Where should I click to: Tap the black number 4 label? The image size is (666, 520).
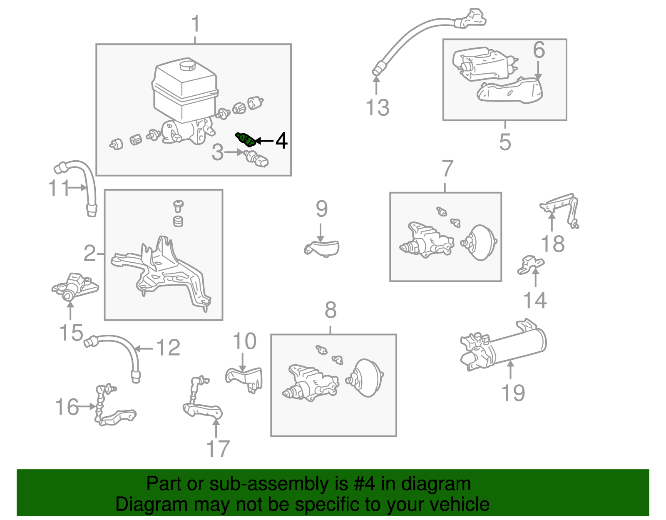(x=281, y=141)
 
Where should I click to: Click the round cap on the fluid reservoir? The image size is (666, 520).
(x=188, y=65)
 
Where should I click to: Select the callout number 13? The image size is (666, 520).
(x=377, y=107)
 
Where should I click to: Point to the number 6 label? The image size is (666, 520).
(x=539, y=50)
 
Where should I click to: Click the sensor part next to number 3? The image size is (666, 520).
(x=256, y=159)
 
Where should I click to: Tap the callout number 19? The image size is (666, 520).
(x=513, y=393)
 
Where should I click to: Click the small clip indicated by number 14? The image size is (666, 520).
(x=530, y=265)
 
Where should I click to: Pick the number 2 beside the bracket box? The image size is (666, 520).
(x=90, y=253)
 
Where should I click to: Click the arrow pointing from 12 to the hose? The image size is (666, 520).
(x=144, y=348)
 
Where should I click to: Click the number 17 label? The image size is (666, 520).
(x=218, y=449)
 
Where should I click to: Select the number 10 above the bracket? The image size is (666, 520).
(x=244, y=341)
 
